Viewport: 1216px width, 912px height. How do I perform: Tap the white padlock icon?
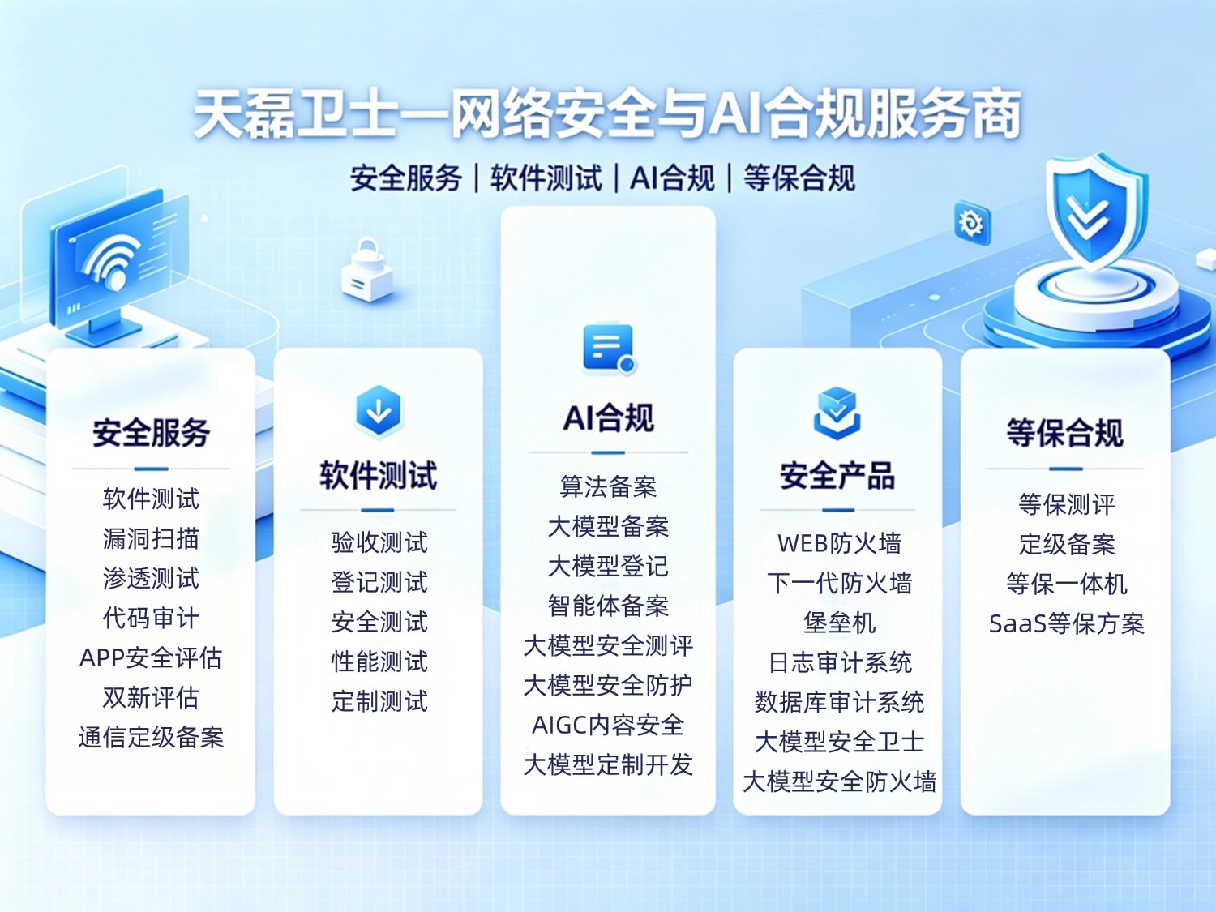coord(367,271)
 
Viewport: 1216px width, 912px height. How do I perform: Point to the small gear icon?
coord(971,223)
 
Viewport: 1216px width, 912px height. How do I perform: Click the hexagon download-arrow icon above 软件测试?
coord(379,412)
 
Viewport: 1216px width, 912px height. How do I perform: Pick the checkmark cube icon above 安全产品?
coord(837,413)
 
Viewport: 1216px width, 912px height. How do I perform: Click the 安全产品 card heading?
coord(837,476)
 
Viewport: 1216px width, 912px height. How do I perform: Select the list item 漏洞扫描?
coord(151,539)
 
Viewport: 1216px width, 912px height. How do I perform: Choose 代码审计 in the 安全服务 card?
coord(151,618)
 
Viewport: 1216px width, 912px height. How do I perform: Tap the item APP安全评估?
coord(151,657)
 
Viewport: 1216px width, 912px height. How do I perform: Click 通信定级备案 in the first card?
coord(151,737)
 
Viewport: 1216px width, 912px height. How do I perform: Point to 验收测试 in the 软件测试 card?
coord(379,542)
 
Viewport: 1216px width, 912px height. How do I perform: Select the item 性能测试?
coord(379,662)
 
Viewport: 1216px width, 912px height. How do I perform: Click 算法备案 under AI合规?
coord(608,486)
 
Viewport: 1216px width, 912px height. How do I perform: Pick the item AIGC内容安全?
coord(608,725)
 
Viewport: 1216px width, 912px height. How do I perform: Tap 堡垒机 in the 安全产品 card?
coord(839,623)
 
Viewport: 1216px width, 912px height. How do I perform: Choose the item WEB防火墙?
coord(839,543)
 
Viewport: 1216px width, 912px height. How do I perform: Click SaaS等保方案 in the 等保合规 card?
coord(1066,624)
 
